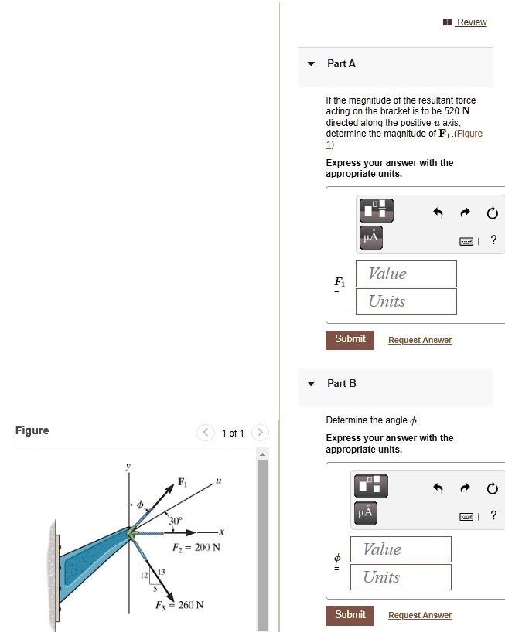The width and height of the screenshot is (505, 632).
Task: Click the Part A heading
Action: point(341,64)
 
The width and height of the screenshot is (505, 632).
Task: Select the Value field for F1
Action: point(406,274)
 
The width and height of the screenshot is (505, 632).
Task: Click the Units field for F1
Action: point(406,301)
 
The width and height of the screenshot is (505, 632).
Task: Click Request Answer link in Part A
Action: point(419,340)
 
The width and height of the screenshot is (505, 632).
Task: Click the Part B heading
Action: point(341,383)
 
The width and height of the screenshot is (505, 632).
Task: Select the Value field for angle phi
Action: point(401,549)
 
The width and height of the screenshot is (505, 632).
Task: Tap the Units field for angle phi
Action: point(401,577)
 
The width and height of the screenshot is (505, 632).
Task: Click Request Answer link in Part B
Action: point(419,615)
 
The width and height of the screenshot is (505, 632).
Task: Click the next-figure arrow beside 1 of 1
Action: point(261,433)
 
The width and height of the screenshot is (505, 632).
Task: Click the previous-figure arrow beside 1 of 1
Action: point(205,433)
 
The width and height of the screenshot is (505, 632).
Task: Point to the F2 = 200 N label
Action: point(197,547)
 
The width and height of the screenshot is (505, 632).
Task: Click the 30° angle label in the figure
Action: point(176,521)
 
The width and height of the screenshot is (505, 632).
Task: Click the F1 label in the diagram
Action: point(183,482)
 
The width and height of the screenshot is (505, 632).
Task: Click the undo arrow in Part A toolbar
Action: point(438,212)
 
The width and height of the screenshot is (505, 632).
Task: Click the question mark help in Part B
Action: point(493,516)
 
